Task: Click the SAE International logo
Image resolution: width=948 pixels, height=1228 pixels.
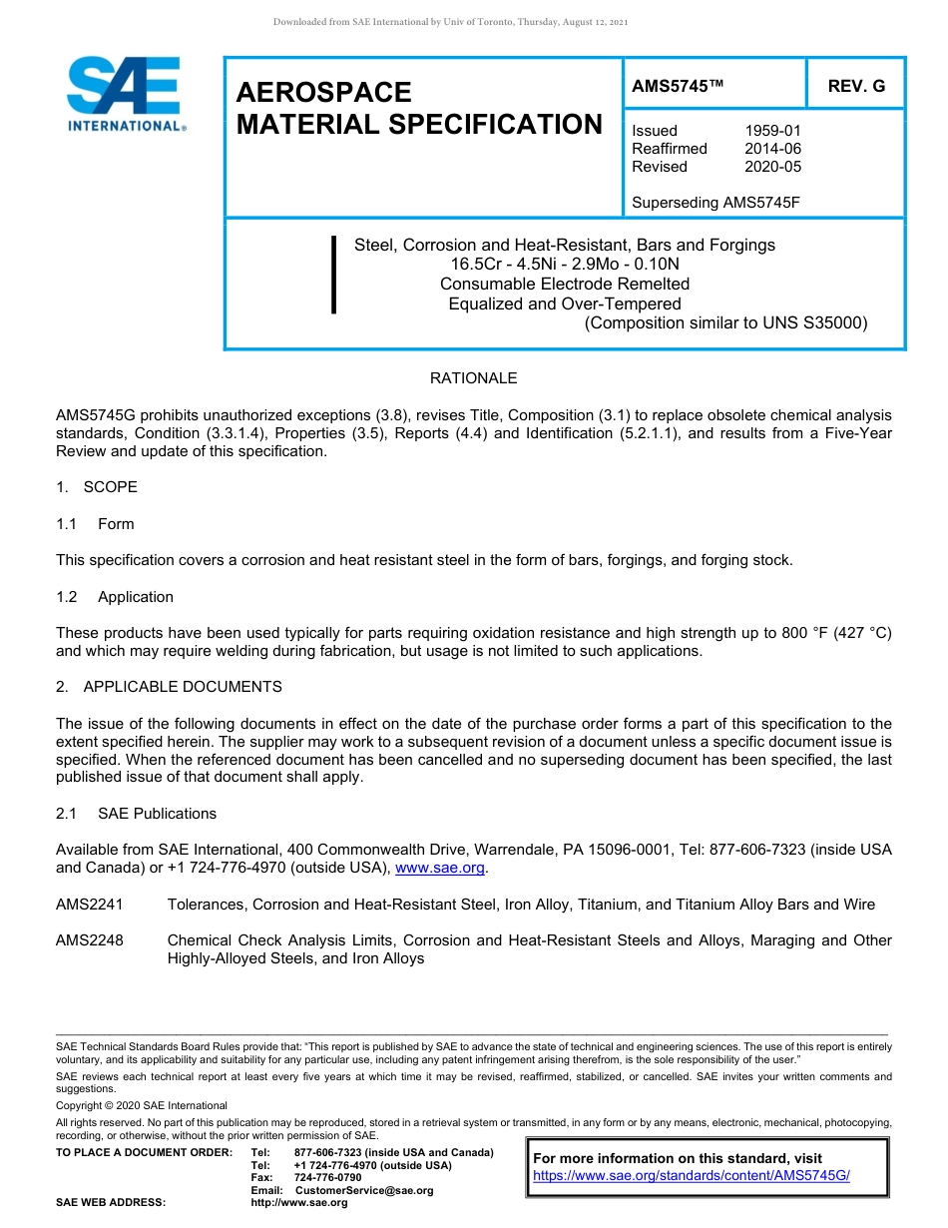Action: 125,94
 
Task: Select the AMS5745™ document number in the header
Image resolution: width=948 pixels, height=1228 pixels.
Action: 677,86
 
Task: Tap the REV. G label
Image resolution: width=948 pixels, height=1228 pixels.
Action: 856,86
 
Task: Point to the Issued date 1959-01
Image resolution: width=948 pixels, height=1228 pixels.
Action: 772,131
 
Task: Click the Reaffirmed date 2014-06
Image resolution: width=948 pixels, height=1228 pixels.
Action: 772,149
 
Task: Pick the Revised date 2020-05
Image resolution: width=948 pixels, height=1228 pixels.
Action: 772,167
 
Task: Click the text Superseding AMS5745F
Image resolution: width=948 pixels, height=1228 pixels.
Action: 716,203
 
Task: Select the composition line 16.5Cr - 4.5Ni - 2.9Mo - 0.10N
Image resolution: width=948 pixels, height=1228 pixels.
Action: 565,265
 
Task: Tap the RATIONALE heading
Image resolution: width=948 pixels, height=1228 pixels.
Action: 473,378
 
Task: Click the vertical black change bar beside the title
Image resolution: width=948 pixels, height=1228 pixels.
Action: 333,275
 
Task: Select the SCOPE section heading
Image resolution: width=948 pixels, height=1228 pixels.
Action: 110,487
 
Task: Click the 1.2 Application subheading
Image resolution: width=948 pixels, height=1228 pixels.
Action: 135,597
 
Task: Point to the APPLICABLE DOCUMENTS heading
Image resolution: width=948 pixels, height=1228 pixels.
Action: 182,687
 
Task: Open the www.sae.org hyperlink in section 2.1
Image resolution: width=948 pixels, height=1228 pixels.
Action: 440,869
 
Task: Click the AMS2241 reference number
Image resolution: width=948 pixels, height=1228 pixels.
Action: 90,905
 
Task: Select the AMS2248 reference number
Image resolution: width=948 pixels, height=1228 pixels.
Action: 90,940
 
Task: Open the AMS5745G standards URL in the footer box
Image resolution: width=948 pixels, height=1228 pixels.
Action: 691,1176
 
